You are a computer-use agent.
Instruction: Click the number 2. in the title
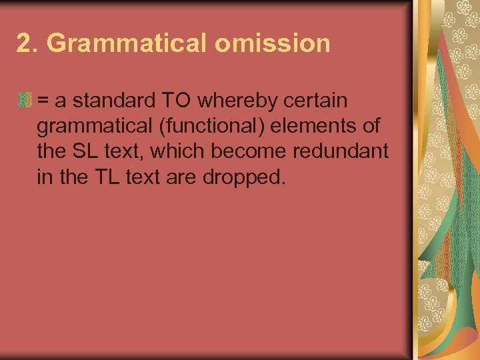(28, 44)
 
